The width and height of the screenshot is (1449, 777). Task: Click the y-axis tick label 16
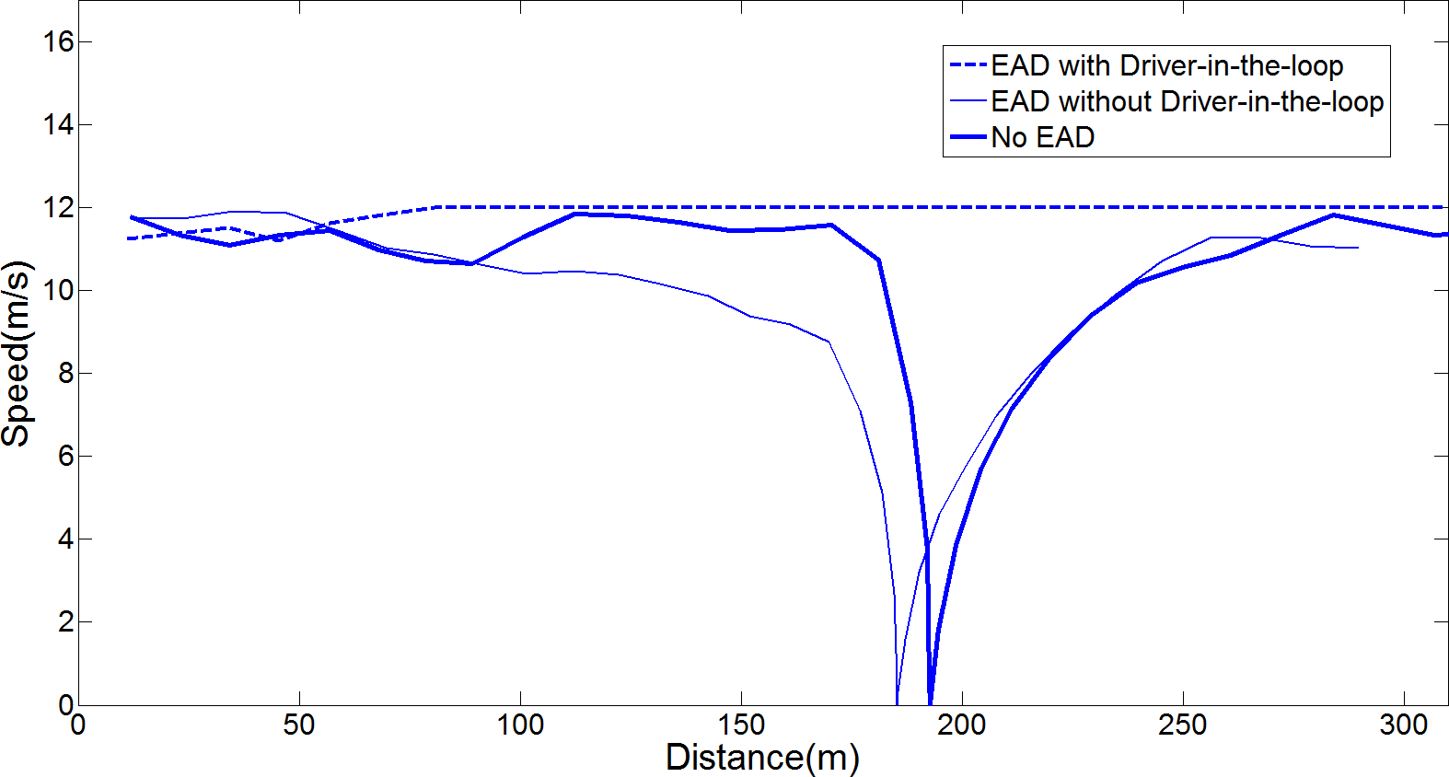pyautogui.click(x=57, y=41)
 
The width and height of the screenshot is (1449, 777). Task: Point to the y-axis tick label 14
pyautogui.click(x=57, y=124)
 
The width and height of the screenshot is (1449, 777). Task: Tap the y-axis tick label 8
pyautogui.click(x=64, y=373)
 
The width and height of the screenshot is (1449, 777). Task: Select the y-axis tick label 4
pyautogui.click(x=64, y=539)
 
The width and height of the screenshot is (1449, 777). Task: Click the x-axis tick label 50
pyautogui.click(x=299, y=725)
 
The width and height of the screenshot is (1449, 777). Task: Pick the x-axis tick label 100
pyautogui.click(x=520, y=725)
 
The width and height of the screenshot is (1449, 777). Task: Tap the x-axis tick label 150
pyautogui.click(x=741, y=725)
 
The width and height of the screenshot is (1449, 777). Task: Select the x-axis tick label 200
pyautogui.click(x=962, y=725)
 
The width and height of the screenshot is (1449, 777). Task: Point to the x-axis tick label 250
pyautogui.click(x=1183, y=725)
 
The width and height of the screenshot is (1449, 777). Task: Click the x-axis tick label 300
pyautogui.click(x=1404, y=725)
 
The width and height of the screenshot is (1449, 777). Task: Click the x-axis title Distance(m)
pyautogui.click(x=762, y=758)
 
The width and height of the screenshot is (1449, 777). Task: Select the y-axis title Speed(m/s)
pyautogui.click(x=17, y=354)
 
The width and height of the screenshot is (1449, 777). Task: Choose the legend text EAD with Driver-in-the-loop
pyautogui.click(x=1166, y=65)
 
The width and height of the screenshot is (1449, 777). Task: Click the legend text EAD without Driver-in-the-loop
pyautogui.click(x=1187, y=101)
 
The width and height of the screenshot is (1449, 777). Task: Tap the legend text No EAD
pyautogui.click(x=1042, y=137)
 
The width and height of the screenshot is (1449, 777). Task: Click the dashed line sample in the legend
pyautogui.click(x=968, y=65)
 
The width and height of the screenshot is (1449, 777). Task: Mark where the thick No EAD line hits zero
pyautogui.click(x=931, y=702)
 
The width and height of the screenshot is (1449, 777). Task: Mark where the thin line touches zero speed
pyautogui.click(x=897, y=702)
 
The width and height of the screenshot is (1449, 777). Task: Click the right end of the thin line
pyautogui.click(x=1358, y=248)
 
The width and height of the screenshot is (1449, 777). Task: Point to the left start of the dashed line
pyautogui.click(x=128, y=238)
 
